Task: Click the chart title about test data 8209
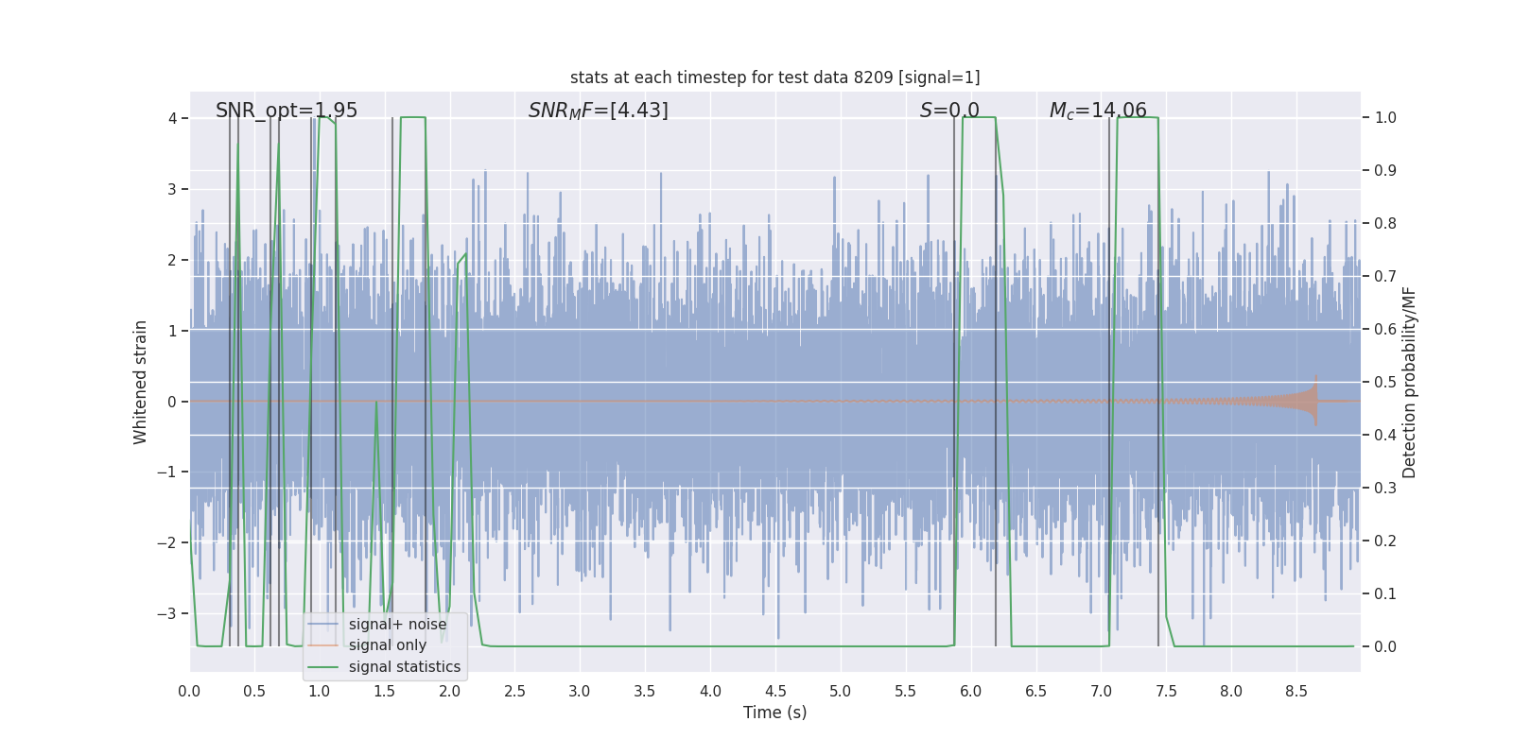774,77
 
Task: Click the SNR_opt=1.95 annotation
287,111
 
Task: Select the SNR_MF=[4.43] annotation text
598,111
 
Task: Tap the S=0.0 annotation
949,111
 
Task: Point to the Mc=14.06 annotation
1098,111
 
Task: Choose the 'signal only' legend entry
387,645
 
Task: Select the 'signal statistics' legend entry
404,667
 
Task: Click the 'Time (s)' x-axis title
774,713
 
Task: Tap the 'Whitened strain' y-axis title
141,382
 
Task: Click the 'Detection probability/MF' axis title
1409,382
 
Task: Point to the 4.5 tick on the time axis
775,692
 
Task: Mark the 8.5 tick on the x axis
1296,692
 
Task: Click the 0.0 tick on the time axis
189,692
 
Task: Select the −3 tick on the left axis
166,613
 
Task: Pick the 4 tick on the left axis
172,118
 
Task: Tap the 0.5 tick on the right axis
1385,382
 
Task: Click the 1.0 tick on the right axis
1385,118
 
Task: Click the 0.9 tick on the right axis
1385,171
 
